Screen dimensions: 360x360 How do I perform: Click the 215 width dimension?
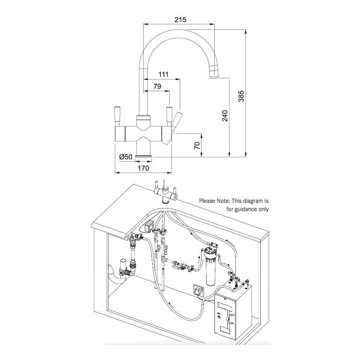[180, 19]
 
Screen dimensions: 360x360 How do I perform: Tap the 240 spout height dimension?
[225, 116]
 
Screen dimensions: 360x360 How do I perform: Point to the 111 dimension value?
[163, 75]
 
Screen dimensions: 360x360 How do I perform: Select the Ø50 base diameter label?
[126, 157]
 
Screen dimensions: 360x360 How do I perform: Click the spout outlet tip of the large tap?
[214, 75]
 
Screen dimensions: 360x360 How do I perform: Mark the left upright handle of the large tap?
[117, 115]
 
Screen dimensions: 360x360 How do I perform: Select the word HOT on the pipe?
[158, 248]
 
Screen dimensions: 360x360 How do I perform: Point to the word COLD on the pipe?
[166, 249]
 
